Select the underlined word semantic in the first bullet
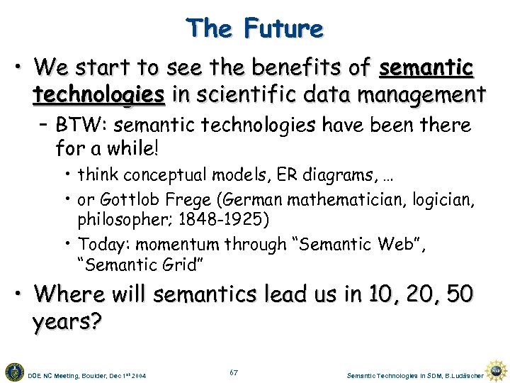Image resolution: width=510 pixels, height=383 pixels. click(x=426, y=69)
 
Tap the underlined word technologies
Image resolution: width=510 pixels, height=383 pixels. click(x=98, y=94)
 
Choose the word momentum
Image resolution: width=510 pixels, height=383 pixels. click(x=181, y=245)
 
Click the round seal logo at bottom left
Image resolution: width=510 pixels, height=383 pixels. click(x=13, y=371)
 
